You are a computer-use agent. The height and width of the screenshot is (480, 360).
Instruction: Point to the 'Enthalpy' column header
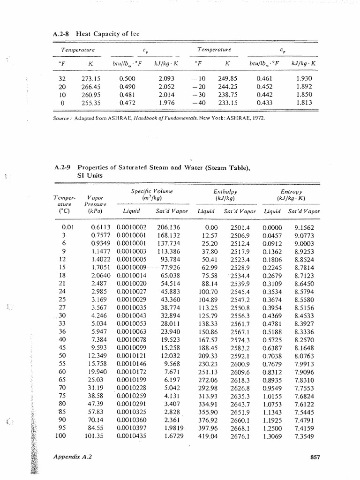(226, 192)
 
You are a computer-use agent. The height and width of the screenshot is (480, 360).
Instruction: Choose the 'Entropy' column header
(291, 192)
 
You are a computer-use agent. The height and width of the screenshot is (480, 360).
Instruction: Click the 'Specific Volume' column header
(145, 192)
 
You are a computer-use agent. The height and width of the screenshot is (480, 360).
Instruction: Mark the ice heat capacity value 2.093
(167, 79)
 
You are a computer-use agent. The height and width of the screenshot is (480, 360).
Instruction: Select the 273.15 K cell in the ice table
(92, 79)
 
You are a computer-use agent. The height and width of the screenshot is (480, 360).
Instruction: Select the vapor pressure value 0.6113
(100, 227)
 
